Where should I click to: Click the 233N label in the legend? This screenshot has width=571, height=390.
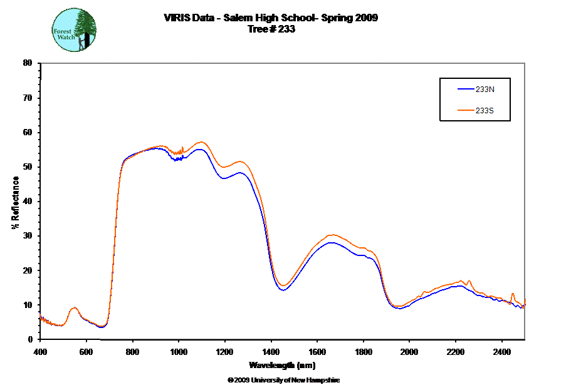point(485,90)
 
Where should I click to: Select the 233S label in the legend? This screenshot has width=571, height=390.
point(485,111)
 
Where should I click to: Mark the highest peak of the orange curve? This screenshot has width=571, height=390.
point(201,142)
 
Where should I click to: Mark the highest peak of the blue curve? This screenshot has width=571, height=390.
point(200,149)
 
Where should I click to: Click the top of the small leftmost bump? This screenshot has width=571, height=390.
point(74,308)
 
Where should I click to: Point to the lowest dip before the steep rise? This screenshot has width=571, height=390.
point(103,326)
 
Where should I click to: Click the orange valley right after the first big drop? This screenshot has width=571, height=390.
point(283,286)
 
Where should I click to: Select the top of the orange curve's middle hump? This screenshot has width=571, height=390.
point(332,235)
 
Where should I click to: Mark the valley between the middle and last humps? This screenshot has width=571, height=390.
point(397,307)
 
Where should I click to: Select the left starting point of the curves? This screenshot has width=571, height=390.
point(40,314)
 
